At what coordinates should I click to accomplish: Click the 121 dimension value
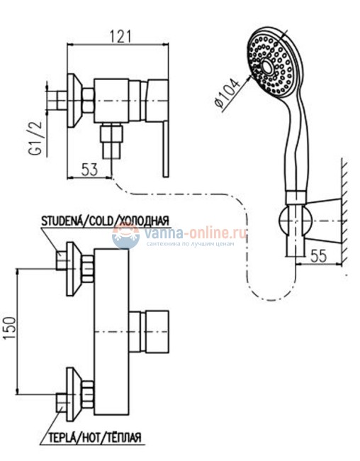coord(120,36)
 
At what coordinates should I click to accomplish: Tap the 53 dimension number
coord(89,170)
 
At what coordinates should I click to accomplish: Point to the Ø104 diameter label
coord(227,93)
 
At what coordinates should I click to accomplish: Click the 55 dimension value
coord(319,255)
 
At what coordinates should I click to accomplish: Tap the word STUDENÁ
coord(62,221)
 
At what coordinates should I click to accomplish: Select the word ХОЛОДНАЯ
coord(145,221)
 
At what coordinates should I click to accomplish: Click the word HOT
coord(92,437)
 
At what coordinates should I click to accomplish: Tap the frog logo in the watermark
coord(125,235)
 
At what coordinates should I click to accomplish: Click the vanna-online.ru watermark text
coord(195,233)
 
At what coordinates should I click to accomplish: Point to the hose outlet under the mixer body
coord(111,141)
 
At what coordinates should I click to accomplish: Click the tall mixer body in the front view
coord(111,332)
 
